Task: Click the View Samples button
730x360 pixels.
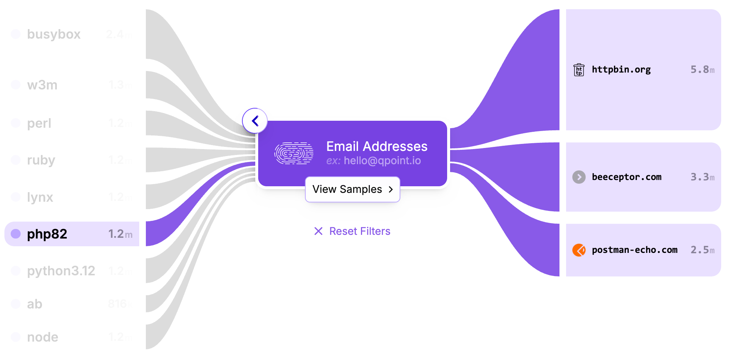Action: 352,189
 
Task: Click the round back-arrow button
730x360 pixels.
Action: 255,121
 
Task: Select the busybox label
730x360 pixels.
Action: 54,34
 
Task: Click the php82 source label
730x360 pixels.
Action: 47,234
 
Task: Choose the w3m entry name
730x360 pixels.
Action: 42,85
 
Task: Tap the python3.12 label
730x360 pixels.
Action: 61,271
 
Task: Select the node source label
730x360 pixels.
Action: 43,337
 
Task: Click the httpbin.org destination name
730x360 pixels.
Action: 621,70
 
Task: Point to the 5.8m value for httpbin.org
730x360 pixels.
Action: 702,70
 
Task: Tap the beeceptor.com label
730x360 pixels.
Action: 627,177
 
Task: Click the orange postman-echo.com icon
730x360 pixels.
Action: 579,250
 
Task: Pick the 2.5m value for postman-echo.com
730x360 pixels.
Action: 702,250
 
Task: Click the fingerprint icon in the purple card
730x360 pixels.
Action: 294,153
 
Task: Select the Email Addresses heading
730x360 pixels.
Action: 377,147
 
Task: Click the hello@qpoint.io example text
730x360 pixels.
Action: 382,161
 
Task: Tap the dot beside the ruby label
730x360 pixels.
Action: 16,160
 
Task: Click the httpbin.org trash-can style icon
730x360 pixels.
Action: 579,70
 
